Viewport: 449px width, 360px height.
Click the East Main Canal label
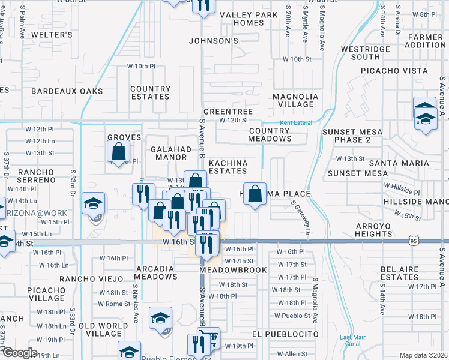tap(352, 340)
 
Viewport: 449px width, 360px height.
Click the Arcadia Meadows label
tap(155, 273)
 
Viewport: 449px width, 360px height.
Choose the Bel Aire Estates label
tap(399, 273)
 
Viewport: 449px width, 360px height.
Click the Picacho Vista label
tap(394, 71)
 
